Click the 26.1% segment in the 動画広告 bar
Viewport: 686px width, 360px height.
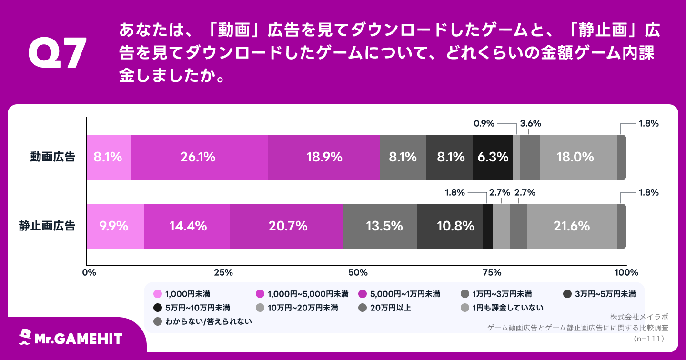click(x=199, y=157)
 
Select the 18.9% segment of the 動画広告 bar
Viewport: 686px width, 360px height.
click(x=323, y=157)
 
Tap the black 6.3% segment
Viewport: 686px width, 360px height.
click(x=492, y=157)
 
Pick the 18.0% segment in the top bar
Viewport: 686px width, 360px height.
click(x=578, y=157)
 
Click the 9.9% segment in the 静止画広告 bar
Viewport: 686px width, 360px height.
click(x=115, y=226)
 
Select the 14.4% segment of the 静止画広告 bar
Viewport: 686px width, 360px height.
click(x=187, y=226)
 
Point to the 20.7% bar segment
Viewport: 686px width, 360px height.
click(x=286, y=226)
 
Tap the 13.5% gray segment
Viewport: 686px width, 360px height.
click(x=380, y=226)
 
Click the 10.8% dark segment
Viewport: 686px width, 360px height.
click(x=449, y=226)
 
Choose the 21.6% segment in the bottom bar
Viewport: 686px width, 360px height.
click(x=572, y=226)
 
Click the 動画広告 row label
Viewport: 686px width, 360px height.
click(x=53, y=157)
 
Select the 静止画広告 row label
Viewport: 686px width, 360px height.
click(x=47, y=226)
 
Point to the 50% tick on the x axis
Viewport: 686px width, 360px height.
click(x=357, y=272)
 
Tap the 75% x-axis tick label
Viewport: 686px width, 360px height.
click(x=492, y=272)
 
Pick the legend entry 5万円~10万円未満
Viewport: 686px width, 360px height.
click(x=192, y=307)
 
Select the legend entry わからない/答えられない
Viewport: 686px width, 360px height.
click(x=203, y=321)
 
